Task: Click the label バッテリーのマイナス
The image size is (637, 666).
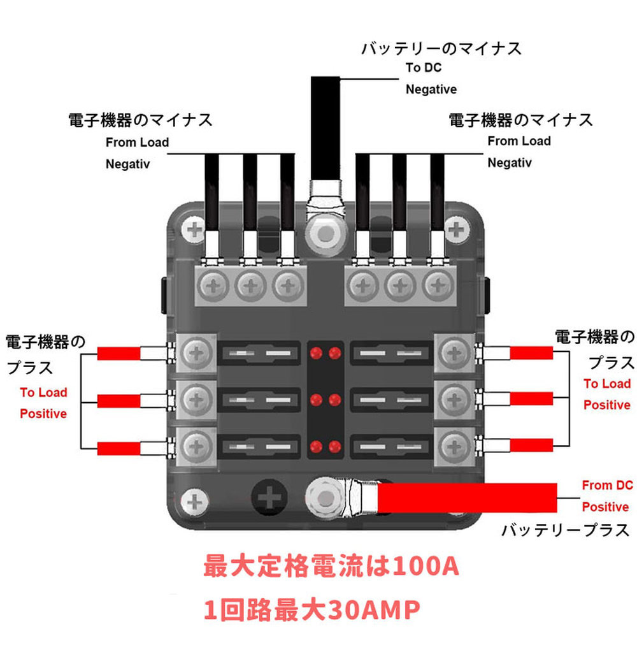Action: pyautogui.click(x=441, y=48)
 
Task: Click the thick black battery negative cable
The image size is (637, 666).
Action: pyautogui.click(x=325, y=127)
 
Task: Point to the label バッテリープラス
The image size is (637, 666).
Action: pyautogui.click(x=565, y=530)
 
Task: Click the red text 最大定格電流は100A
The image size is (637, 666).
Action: pyautogui.click(x=331, y=567)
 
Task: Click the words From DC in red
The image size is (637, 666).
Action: pyautogui.click(x=607, y=486)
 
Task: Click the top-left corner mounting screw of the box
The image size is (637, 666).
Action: pyautogui.click(x=194, y=229)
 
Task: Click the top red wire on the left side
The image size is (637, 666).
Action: pyautogui.click(x=118, y=353)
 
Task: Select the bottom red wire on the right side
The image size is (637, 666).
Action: pyautogui.click(x=531, y=445)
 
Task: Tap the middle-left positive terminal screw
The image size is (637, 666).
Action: pyautogui.click(x=196, y=400)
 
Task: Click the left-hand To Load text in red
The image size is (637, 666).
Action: pyautogui.click(x=43, y=393)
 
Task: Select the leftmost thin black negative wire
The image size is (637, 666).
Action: pyautogui.click(x=212, y=191)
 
